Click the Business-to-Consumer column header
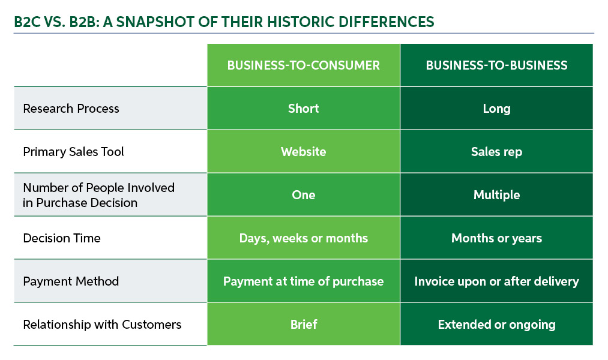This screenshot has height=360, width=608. click(303, 65)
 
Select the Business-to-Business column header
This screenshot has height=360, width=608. click(496, 65)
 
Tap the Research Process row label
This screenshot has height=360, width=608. click(71, 109)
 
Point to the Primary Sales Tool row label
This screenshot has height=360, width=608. click(73, 152)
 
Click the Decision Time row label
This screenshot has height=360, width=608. click(62, 238)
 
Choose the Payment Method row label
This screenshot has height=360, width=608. click(71, 281)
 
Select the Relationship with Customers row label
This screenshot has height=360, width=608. click(102, 325)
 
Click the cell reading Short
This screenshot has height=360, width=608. click(303, 108)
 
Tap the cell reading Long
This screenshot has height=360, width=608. click(496, 108)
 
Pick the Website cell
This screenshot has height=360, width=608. click(303, 152)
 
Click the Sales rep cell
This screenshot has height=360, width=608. click(496, 152)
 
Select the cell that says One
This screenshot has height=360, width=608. click(303, 194)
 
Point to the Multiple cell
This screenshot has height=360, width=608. click(496, 194)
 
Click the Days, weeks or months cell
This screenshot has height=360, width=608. click(303, 238)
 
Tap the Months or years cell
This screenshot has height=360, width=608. click(496, 238)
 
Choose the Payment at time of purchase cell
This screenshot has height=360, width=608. click(303, 281)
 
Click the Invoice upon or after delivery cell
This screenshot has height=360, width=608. click(496, 281)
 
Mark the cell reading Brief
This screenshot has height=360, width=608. click(303, 324)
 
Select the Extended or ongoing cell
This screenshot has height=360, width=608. click(496, 324)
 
